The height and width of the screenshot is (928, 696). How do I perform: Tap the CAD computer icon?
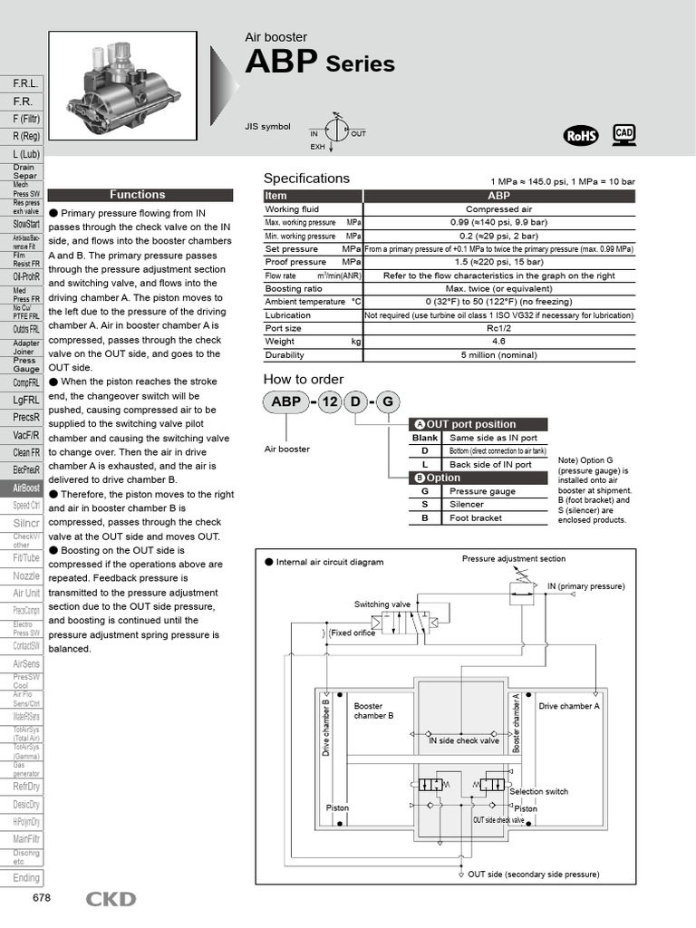pos(623,134)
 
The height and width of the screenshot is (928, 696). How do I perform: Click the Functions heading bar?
pos(138,195)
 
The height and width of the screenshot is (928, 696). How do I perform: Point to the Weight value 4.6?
pos(498,342)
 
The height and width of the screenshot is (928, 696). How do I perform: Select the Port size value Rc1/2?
pos(498,329)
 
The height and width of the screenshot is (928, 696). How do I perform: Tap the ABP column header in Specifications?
pos(498,196)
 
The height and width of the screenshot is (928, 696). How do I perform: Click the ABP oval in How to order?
pos(285,403)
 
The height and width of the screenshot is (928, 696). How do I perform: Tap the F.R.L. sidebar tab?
pos(24,83)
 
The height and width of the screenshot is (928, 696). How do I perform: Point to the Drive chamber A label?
pos(569,706)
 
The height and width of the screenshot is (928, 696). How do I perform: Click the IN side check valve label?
pos(463,740)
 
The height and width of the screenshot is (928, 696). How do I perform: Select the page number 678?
pos(42,898)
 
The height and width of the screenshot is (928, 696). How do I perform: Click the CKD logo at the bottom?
pos(111,899)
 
